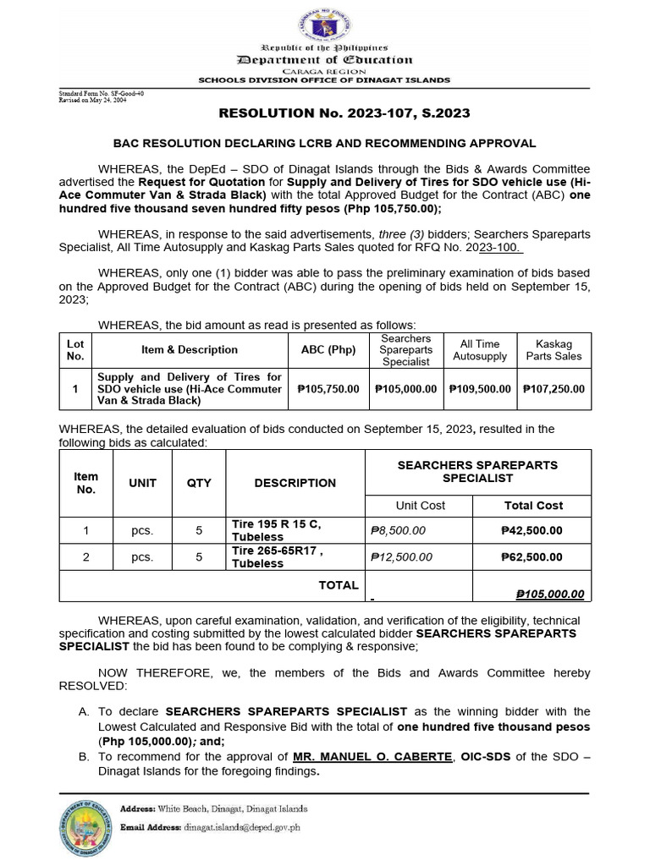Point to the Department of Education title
(x=325, y=60)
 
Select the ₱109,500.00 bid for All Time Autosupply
(x=478, y=389)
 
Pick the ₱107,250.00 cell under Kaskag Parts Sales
(x=554, y=389)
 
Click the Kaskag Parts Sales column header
(x=554, y=350)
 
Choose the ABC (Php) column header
(x=328, y=350)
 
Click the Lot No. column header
(x=75, y=350)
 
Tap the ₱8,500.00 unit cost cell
(x=399, y=531)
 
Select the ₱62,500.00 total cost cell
(x=532, y=557)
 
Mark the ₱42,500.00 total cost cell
(x=532, y=531)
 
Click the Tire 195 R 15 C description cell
(x=277, y=531)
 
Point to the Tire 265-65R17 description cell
(x=277, y=557)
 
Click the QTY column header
(x=199, y=483)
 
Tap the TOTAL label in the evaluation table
(x=338, y=585)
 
